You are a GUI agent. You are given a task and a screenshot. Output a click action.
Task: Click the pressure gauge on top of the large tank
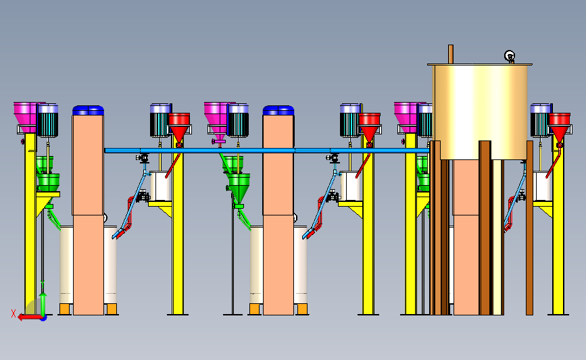510,56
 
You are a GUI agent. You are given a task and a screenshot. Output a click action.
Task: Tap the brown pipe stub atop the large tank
451,55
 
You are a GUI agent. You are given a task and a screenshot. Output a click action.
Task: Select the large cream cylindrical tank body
481,112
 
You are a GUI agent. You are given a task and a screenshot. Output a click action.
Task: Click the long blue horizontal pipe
267,151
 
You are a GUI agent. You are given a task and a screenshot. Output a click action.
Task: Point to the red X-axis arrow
30,317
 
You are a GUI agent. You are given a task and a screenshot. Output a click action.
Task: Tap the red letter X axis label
14,313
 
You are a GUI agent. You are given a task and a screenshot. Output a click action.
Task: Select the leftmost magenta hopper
26,118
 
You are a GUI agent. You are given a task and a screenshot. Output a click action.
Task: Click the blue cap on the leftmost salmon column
88,111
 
